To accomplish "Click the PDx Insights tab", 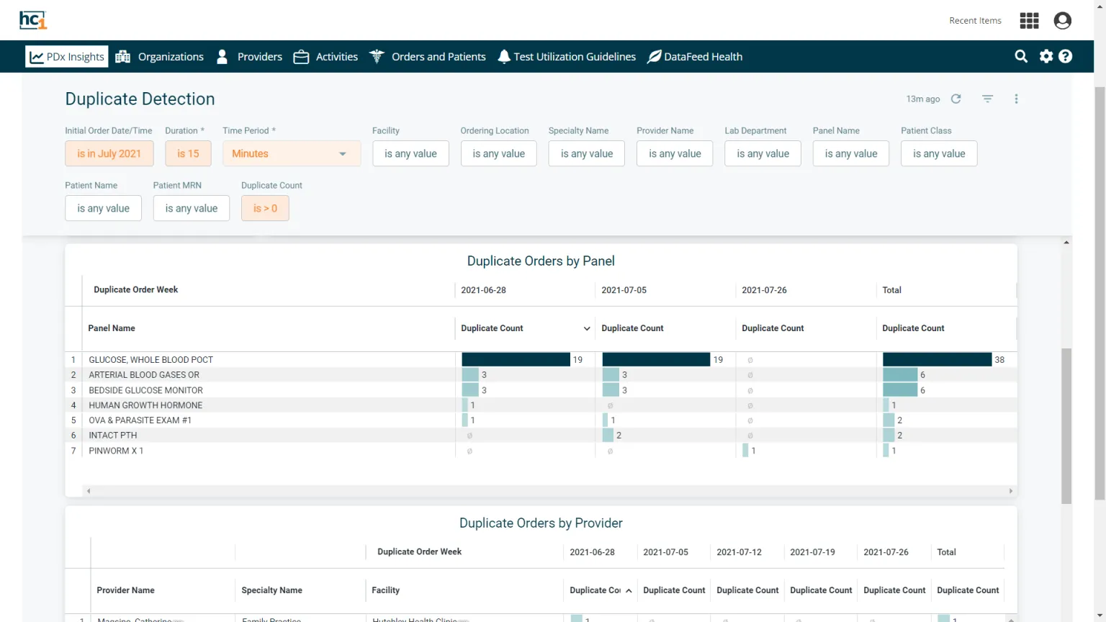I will pos(67,57).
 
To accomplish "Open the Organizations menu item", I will pos(160,57).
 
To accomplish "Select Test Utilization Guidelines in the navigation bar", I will pos(567,57).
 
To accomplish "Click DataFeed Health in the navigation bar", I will pos(695,57).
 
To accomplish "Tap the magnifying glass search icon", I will pos(1021,56).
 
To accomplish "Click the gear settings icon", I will pos(1046,56).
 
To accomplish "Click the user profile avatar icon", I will pos(1062,21).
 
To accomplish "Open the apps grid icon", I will pos(1029,21).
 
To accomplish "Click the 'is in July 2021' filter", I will pos(109,153).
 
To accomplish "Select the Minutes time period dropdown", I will pos(291,153).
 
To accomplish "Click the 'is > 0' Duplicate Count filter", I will pos(265,208).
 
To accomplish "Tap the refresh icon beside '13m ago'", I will pos(956,99).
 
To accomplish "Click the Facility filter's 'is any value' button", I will pos(410,153).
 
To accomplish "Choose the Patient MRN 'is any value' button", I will pos(191,208).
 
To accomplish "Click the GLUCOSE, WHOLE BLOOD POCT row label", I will pos(151,360).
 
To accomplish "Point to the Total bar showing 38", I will pos(937,359).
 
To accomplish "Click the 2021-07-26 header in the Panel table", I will pos(764,290).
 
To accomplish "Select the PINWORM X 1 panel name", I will pos(116,451).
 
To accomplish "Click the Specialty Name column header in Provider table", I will pos(271,590).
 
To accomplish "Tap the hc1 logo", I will pos(33,20).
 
